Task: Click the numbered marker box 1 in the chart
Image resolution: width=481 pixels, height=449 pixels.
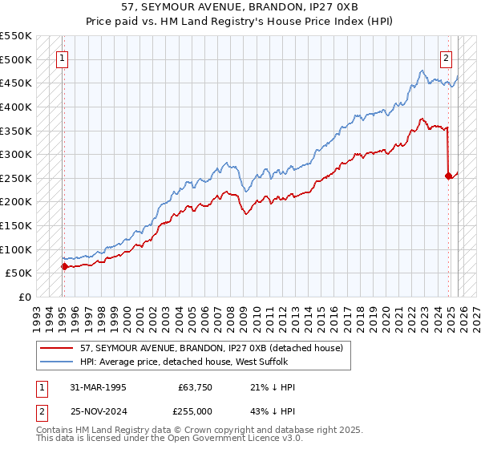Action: tap(63, 58)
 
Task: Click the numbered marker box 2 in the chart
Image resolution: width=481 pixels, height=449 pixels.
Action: tap(446, 58)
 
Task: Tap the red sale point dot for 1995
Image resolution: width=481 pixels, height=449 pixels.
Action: tap(64, 266)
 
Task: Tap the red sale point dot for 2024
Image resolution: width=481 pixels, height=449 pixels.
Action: tap(449, 176)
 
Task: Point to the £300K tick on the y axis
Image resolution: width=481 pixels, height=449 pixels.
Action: tap(17, 154)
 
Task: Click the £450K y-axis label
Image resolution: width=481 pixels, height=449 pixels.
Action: tap(17, 83)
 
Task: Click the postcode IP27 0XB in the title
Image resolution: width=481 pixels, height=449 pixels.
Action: tap(330, 8)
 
